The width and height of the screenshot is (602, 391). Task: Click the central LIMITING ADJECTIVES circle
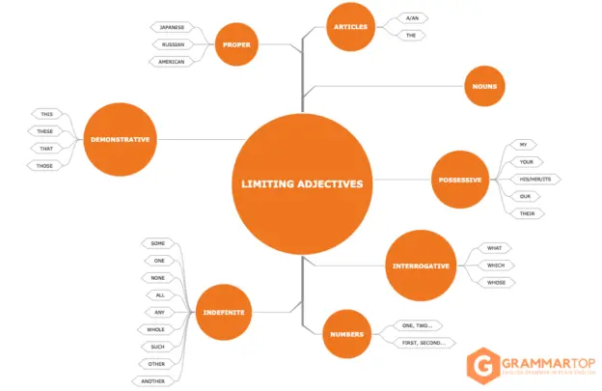coord(302,183)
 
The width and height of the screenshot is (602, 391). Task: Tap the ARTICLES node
coord(350,27)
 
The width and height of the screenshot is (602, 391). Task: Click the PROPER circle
coord(236,44)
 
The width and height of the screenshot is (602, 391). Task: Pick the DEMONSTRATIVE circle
coord(120,139)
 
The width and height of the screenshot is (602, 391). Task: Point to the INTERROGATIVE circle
coord(421,265)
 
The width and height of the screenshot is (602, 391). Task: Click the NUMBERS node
coord(346,334)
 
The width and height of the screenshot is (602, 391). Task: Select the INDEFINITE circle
coord(223,311)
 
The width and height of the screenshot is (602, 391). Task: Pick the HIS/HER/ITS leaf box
coord(533,179)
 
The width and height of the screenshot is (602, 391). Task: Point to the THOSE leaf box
coord(45,165)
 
